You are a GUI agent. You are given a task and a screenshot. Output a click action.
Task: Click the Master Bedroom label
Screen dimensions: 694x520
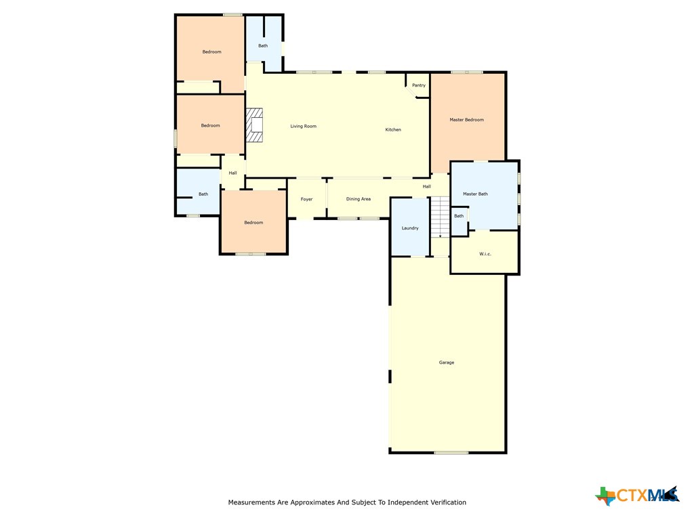(466, 120)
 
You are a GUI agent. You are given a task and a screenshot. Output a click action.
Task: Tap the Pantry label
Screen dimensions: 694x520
(419, 85)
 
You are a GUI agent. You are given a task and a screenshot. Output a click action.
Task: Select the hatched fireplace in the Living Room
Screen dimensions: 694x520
(254, 125)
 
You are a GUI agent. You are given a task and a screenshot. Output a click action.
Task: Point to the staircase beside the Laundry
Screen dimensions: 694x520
(440, 217)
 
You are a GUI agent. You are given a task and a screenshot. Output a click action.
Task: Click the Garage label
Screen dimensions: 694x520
(447, 363)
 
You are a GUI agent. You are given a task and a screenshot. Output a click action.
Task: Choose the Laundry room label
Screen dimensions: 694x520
(410, 228)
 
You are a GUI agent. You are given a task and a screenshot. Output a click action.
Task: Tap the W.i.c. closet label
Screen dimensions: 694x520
(485, 254)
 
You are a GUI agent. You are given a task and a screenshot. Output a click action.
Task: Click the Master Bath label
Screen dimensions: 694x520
(475, 194)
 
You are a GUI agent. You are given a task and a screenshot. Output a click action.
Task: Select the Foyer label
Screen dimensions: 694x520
(307, 199)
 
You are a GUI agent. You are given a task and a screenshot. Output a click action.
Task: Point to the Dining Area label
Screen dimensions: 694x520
(359, 199)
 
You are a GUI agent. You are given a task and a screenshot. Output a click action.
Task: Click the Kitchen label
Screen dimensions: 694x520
(393, 129)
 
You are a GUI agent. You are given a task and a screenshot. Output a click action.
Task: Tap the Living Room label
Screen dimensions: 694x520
(303, 126)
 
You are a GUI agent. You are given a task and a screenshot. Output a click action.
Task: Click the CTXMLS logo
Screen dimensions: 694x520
(637, 495)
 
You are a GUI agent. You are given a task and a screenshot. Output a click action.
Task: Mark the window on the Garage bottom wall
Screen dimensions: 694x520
(451, 452)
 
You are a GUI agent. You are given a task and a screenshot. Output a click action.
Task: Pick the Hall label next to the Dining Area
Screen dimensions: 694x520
(427, 187)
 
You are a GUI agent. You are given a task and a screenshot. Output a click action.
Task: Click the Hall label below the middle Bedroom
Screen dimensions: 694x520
(233, 173)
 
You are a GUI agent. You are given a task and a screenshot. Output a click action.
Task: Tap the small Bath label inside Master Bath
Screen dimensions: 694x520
(459, 216)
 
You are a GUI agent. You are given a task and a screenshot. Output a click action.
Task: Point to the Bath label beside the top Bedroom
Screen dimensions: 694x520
(263, 45)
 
